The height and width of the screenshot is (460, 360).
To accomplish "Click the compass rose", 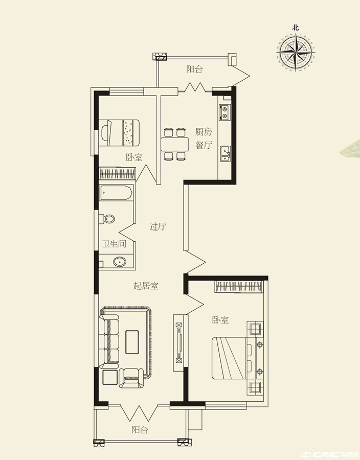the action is tap(296, 53).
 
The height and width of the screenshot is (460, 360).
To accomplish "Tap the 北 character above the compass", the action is tap(296, 28).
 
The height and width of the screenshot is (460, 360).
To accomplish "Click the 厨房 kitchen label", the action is tap(204, 132).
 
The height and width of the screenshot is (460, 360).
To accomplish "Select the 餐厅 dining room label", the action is tap(204, 145).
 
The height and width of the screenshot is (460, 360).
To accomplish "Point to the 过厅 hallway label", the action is tap(158, 226).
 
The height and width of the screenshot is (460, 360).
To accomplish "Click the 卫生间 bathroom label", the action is tap(114, 244).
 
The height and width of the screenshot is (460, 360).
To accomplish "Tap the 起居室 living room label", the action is tap(146, 285).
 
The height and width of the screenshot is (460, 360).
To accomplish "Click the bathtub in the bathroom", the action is tap(116, 193).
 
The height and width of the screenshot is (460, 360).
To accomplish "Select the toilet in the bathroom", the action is tap(106, 219).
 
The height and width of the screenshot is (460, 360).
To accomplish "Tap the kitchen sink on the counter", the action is tap(226, 153).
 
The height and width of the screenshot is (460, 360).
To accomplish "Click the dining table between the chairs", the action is tap(174, 144).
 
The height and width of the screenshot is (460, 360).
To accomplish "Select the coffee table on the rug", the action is tap(132, 342).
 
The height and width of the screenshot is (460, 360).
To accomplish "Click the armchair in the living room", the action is tap(132, 378).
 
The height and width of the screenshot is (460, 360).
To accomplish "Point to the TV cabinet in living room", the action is tap(178, 343).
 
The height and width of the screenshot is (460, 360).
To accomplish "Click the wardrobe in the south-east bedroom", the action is tap(239, 286).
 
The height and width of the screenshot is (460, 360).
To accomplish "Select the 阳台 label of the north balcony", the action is tap(194, 69).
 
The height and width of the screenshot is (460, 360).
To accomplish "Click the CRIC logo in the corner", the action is tap(329, 454).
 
